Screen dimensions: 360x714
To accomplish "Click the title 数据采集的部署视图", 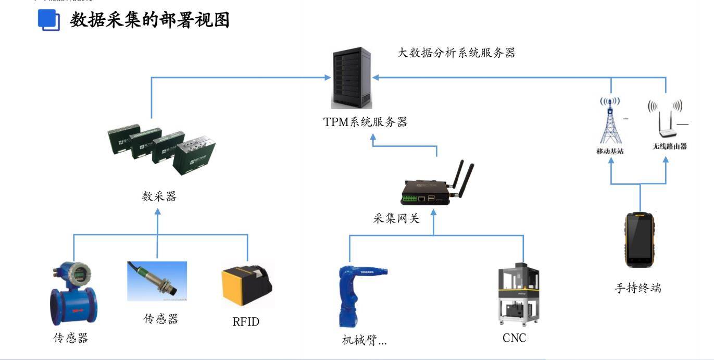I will pyautogui.click(x=149, y=20).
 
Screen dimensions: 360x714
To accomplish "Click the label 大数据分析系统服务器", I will pyautogui.click(x=456, y=53).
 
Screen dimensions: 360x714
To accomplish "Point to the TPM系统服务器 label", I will pyautogui.click(x=365, y=122).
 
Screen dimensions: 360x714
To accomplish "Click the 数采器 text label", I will pyautogui.click(x=159, y=196).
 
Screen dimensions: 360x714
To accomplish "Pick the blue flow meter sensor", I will pyautogui.click(x=70, y=294).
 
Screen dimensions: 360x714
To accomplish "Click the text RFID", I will pyautogui.click(x=245, y=322).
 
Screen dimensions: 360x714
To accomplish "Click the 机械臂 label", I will pyautogui.click(x=364, y=341).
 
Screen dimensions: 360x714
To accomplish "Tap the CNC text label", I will pyautogui.click(x=514, y=338).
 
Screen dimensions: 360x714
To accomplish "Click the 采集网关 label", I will pyautogui.click(x=396, y=219).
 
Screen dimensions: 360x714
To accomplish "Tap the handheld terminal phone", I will pyautogui.click(x=639, y=240).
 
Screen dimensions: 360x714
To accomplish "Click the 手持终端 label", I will pyautogui.click(x=638, y=288).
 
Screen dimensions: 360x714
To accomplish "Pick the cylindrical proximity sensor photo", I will pyautogui.click(x=157, y=281).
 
